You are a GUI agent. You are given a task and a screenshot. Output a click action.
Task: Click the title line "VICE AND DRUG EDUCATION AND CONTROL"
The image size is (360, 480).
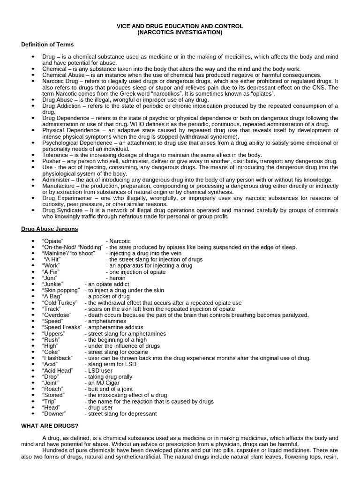pos(180,26)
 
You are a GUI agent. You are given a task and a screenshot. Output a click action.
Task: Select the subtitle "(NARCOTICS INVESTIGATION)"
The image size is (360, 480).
pos(180,33)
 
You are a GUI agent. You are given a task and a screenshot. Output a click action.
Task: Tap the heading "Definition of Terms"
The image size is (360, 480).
pos(47,45)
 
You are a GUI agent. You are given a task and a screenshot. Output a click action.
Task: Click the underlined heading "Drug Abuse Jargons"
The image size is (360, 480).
pos(50,229)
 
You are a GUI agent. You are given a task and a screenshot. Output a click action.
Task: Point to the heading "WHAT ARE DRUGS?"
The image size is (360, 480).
pos(50,426)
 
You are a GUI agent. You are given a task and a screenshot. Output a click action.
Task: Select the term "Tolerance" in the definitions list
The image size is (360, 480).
pos(55,155)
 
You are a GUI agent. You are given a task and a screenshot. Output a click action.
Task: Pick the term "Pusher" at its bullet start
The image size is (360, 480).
pos(51,161)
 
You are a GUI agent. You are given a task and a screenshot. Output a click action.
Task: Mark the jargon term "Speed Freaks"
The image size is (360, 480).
pos(62,327)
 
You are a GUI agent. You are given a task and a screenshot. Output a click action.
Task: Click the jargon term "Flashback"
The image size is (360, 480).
pos(58,358)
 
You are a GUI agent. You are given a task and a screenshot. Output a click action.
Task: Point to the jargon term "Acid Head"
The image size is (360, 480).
pos(58,370)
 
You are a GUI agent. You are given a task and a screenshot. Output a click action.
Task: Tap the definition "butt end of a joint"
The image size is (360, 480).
pos(109,389)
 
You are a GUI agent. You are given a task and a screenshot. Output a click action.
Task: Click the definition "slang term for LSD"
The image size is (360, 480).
pos(109,364)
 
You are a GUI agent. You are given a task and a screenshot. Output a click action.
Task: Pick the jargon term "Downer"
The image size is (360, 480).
pos(54,414)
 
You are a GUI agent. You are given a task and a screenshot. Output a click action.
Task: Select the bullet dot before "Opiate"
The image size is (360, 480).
pos(33,241)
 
